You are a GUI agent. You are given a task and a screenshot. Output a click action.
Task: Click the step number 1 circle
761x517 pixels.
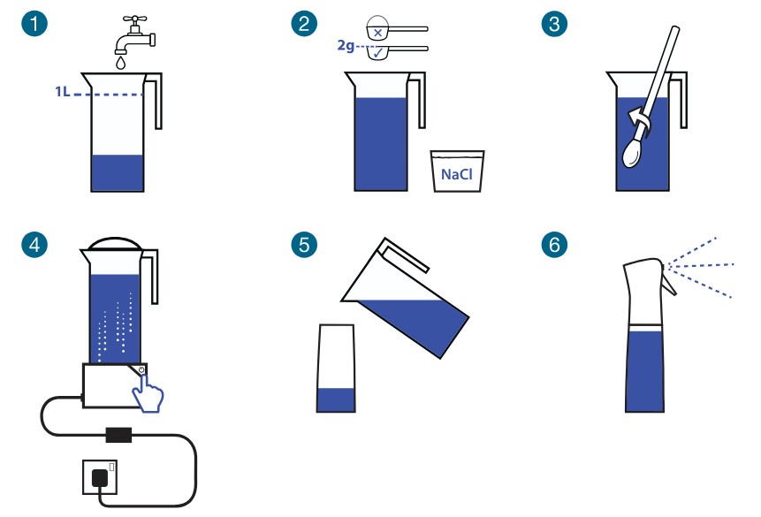[34, 25]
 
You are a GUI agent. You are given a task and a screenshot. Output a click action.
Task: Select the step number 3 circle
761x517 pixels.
[554, 25]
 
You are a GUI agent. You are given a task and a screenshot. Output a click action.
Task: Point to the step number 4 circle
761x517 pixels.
[34, 244]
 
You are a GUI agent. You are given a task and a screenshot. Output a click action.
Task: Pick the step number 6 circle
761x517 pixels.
[554, 244]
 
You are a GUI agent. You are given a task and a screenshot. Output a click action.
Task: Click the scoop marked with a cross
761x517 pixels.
[378, 31]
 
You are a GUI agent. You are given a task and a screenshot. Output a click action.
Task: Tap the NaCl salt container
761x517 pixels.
[457, 171]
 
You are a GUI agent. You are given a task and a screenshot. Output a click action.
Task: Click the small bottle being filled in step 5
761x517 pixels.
[336, 369]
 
